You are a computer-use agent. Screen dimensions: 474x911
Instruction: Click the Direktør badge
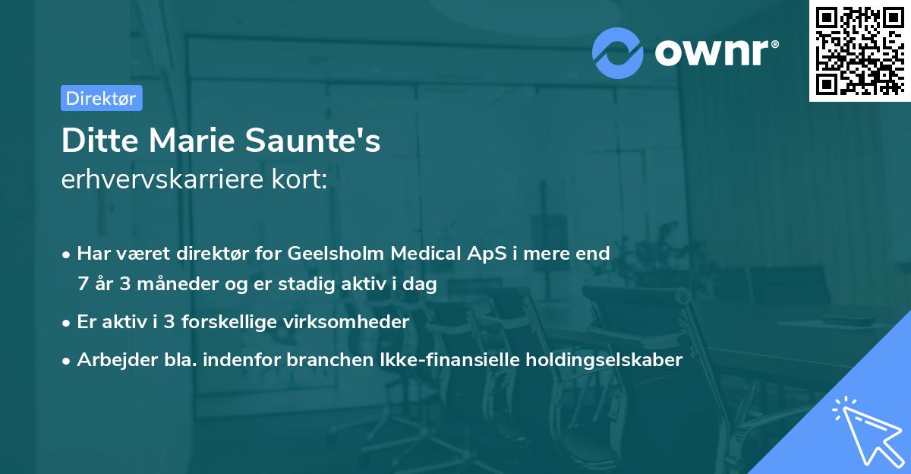[101, 98]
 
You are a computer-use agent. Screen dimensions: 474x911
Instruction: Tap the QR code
[859, 50]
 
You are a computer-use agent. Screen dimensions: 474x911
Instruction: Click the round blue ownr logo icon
[618, 53]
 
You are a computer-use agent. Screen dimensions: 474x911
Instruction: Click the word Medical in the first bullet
[423, 254]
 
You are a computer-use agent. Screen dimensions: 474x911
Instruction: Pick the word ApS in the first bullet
[480, 254]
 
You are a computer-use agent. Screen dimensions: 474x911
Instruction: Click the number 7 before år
[83, 284]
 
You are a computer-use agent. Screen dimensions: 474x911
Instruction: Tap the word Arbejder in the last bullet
[110, 360]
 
